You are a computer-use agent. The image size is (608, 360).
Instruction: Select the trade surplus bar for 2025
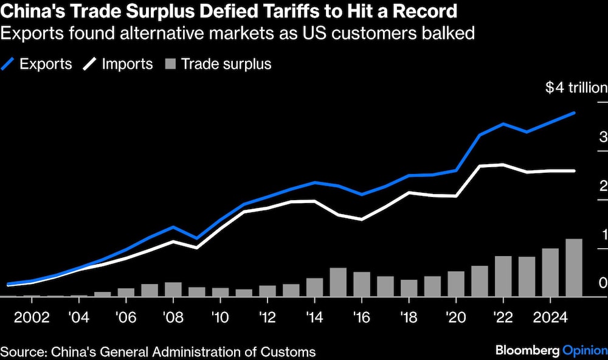(x=574, y=268)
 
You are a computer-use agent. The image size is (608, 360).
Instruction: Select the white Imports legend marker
(x=91, y=64)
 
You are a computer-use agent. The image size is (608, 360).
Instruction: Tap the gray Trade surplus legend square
(x=171, y=64)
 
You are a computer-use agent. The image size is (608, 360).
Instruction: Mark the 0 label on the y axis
(x=603, y=283)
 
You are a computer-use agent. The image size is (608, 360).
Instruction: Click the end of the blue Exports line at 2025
(x=574, y=113)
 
